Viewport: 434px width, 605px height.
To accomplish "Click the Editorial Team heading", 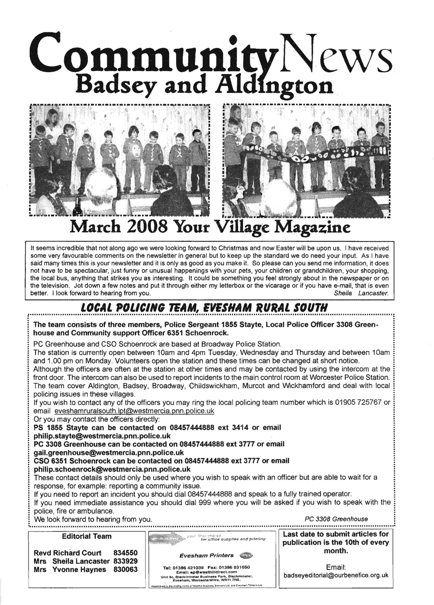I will coord(87,536).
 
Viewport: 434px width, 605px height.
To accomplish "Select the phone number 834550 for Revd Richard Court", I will coord(126,553).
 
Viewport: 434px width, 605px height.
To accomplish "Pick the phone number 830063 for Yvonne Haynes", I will coord(126,570).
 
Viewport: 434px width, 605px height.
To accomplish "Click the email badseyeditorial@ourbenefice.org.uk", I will coord(336,575).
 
